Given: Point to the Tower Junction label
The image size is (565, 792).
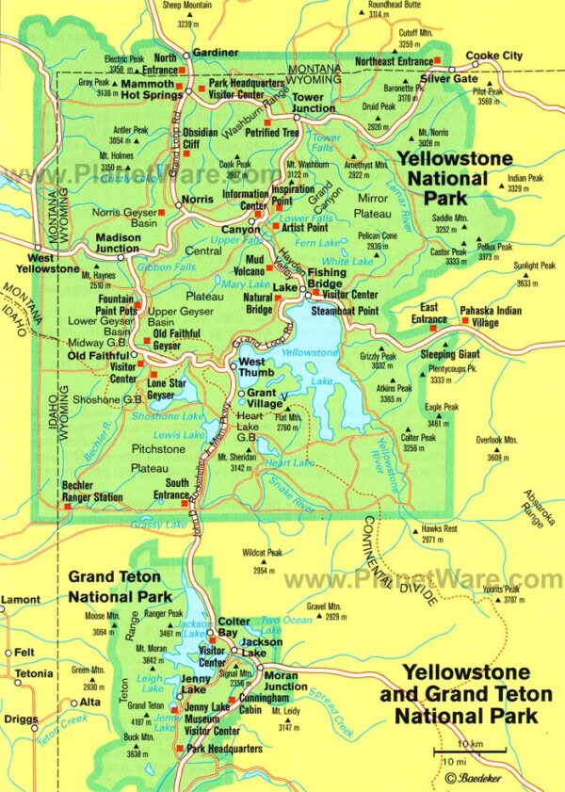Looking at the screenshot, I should pos(313,103).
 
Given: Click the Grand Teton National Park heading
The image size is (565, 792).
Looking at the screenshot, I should pos(114,586).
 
